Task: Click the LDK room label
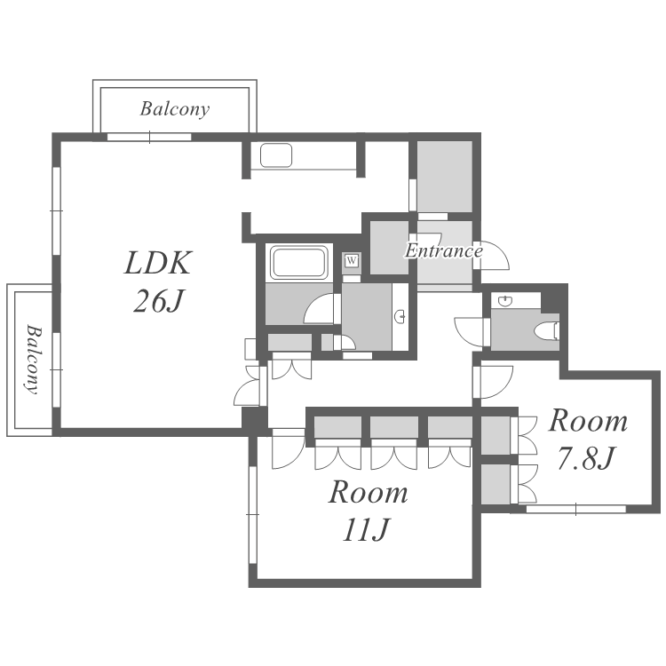tap(158, 263)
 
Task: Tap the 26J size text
tap(158, 302)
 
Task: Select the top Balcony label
tap(175, 109)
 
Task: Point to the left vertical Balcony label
tap(34, 360)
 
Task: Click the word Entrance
tap(444, 250)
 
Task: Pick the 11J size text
tap(366, 530)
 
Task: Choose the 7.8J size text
tap(586, 459)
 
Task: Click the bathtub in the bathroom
tap(299, 262)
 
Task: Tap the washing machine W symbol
tap(352, 260)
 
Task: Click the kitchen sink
tap(276, 155)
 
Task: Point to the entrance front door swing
tap(492, 255)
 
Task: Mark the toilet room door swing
tap(470, 332)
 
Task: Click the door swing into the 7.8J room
tap(495, 381)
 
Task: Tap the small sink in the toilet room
tap(505, 301)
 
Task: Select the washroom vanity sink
tap(400, 316)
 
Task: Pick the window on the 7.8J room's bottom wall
tap(576, 509)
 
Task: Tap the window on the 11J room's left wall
tap(253, 515)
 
